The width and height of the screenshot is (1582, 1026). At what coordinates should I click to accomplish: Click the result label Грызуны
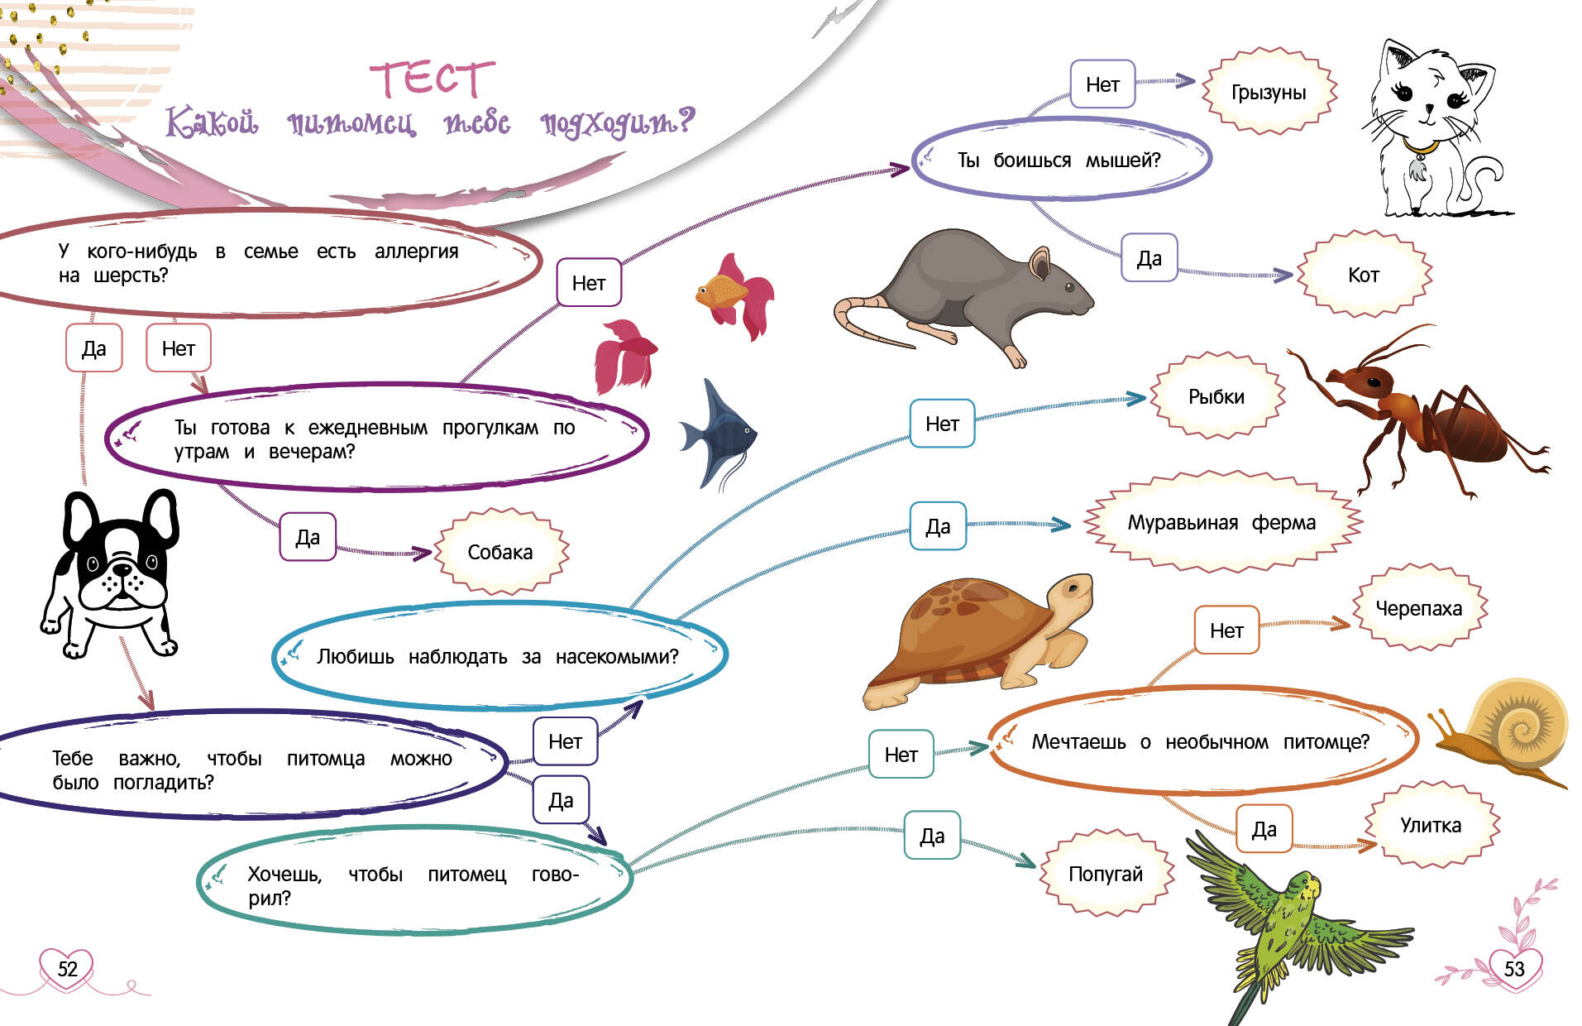click(1268, 92)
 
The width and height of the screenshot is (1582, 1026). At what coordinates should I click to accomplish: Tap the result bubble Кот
click(1364, 275)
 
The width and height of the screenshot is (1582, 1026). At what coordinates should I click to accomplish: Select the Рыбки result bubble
click(1216, 396)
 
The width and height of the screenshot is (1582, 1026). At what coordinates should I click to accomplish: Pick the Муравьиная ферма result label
click(1221, 522)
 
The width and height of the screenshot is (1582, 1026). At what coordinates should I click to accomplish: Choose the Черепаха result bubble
click(1418, 608)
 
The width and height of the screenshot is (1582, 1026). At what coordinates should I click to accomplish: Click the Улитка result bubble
click(1430, 825)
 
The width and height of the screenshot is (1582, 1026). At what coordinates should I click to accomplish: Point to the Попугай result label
click(1105, 874)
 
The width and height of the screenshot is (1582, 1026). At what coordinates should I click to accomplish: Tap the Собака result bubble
click(500, 552)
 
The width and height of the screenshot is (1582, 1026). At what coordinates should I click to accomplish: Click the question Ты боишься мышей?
click(1059, 160)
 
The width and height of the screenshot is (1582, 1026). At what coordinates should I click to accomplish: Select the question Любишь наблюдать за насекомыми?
click(497, 656)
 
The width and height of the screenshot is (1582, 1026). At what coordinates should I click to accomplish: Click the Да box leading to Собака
click(308, 537)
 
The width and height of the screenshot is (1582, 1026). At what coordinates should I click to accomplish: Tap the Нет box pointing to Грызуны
click(1102, 84)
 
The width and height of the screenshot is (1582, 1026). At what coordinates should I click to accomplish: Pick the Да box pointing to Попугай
click(932, 836)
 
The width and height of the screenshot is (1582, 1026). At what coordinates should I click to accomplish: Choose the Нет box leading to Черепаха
click(1226, 630)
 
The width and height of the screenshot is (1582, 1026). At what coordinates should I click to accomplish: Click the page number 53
click(1513, 969)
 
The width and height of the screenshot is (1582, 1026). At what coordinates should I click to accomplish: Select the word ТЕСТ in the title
click(432, 79)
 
